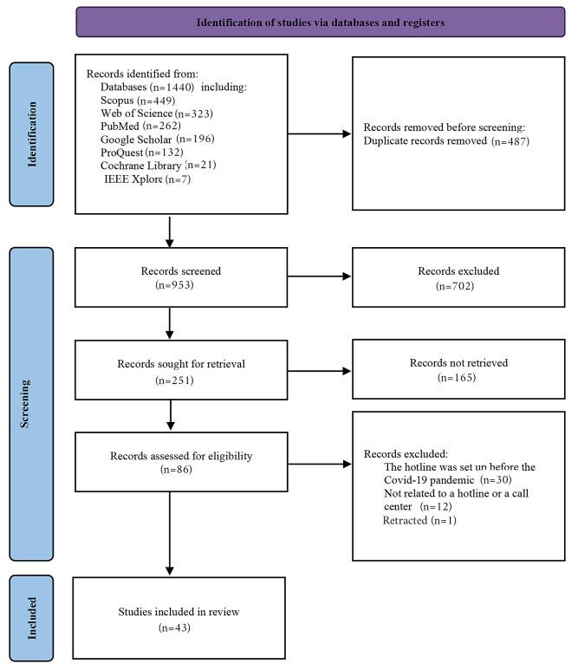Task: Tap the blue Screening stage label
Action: click(33, 403)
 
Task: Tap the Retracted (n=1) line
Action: click(419, 520)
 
